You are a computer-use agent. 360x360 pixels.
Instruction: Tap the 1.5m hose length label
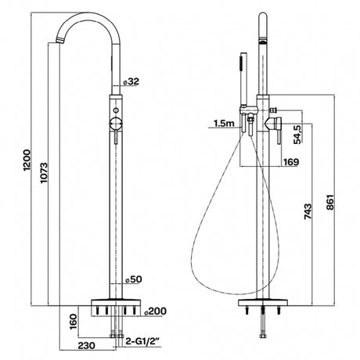point(222,122)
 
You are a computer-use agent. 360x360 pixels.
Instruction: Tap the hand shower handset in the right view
point(241,82)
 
